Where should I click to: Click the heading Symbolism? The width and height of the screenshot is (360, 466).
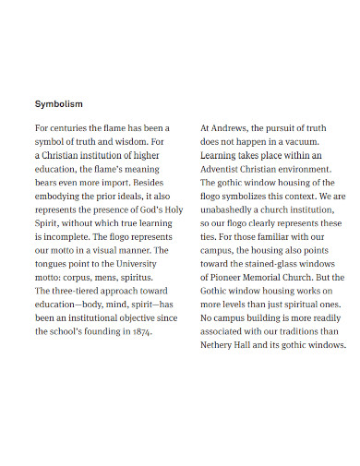click(59, 103)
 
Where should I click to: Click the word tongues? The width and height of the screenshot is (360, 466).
click(57, 264)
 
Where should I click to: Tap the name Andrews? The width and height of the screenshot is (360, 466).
click(231, 128)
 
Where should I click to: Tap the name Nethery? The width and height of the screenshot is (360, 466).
click(220, 345)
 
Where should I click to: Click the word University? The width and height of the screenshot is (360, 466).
click(138, 264)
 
